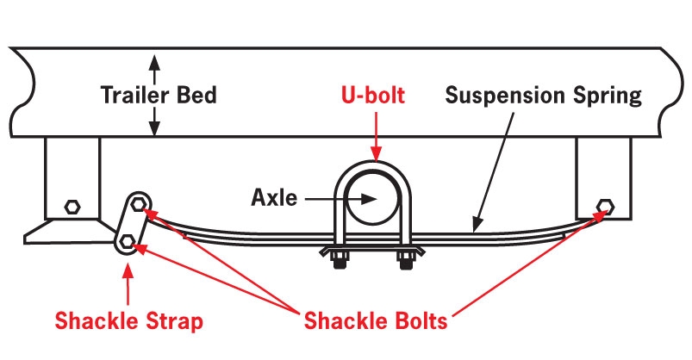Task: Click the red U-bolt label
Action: tap(373, 96)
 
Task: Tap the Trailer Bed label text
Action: tap(159, 96)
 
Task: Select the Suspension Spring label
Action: tap(543, 96)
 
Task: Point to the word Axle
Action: tap(274, 197)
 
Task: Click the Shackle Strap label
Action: tap(129, 321)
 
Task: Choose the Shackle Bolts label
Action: tap(376, 320)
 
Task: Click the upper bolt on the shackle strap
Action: tap(139, 204)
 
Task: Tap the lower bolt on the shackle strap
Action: tap(128, 240)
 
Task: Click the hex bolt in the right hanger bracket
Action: tap(605, 206)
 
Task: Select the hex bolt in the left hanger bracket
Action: tap(72, 207)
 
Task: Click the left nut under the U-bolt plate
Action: tap(340, 260)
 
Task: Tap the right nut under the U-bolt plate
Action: tap(406, 260)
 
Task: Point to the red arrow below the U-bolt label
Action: tap(376, 136)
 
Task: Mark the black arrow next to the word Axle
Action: tap(340, 199)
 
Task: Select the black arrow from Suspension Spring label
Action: tap(493, 172)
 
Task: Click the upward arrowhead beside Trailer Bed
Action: tap(154, 62)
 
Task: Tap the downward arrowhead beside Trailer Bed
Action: tap(154, 127)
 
